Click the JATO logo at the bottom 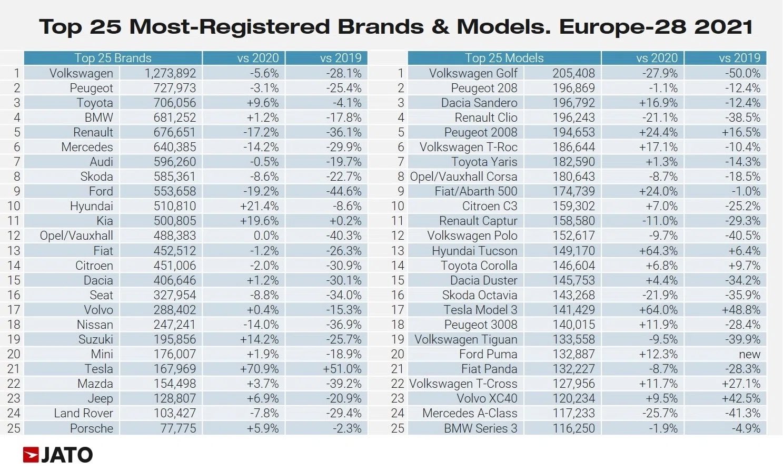58,455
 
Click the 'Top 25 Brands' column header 113,58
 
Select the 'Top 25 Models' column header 504,58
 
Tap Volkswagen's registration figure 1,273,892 170,73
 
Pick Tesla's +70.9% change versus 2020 259,369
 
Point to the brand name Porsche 92,428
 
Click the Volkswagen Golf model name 473,73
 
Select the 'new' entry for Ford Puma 749,354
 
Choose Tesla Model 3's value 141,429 573,310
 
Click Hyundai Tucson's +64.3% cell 658,251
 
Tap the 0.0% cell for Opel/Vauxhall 266,236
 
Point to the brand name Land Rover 83,414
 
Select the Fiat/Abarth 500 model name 476,191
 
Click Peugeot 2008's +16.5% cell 741,132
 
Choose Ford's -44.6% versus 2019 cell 343,191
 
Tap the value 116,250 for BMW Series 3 573,428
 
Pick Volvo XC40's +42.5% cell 741,398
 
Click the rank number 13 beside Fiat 14,251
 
